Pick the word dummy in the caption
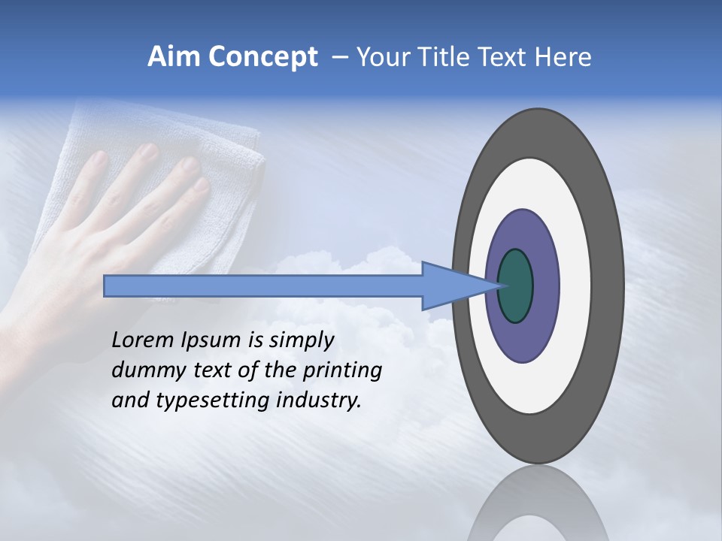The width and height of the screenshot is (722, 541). pyautogui.click(x=146, y=370)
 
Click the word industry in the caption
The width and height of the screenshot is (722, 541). pyautogui.click(x=319, y=400)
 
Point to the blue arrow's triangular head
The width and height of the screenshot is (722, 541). pyautogui.click(x=451, y=286)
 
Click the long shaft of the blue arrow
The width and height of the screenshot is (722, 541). pyautogui.click(x=263, y=286)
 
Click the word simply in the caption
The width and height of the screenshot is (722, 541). pyautogui.click(x=302, y=340)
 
